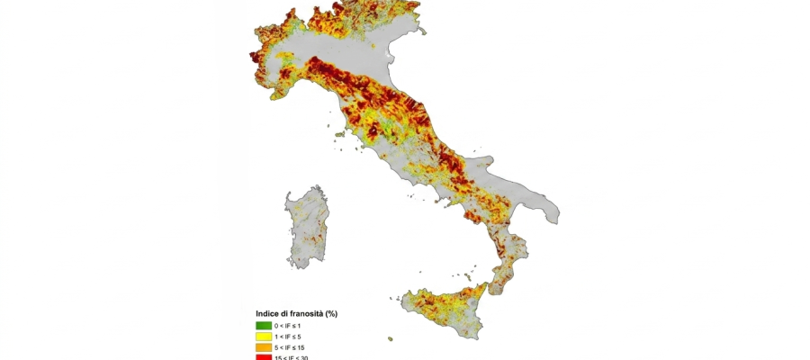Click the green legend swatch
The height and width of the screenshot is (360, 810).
pyautogui.click(x=263, y=325)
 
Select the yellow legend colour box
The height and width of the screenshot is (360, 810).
pyautogui.click(x=263, y=336)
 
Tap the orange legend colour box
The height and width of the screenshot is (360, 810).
pyautogui.click(x=263, y=346)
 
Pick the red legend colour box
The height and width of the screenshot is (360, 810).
pyautogui.click(x=263, y=356)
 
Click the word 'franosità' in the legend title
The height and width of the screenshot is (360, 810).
pyautogui.click(x=302, y=313)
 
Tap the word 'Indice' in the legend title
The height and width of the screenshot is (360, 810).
pyautogui.click(x=268, y=313)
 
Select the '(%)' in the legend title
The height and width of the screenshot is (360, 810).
pyautogui.click(x=330, y=313)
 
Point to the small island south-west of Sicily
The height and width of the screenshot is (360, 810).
pyautogui.click(x=390, y=338)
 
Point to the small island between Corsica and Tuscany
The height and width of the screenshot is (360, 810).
pyautogui.click(x=339, y=136)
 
